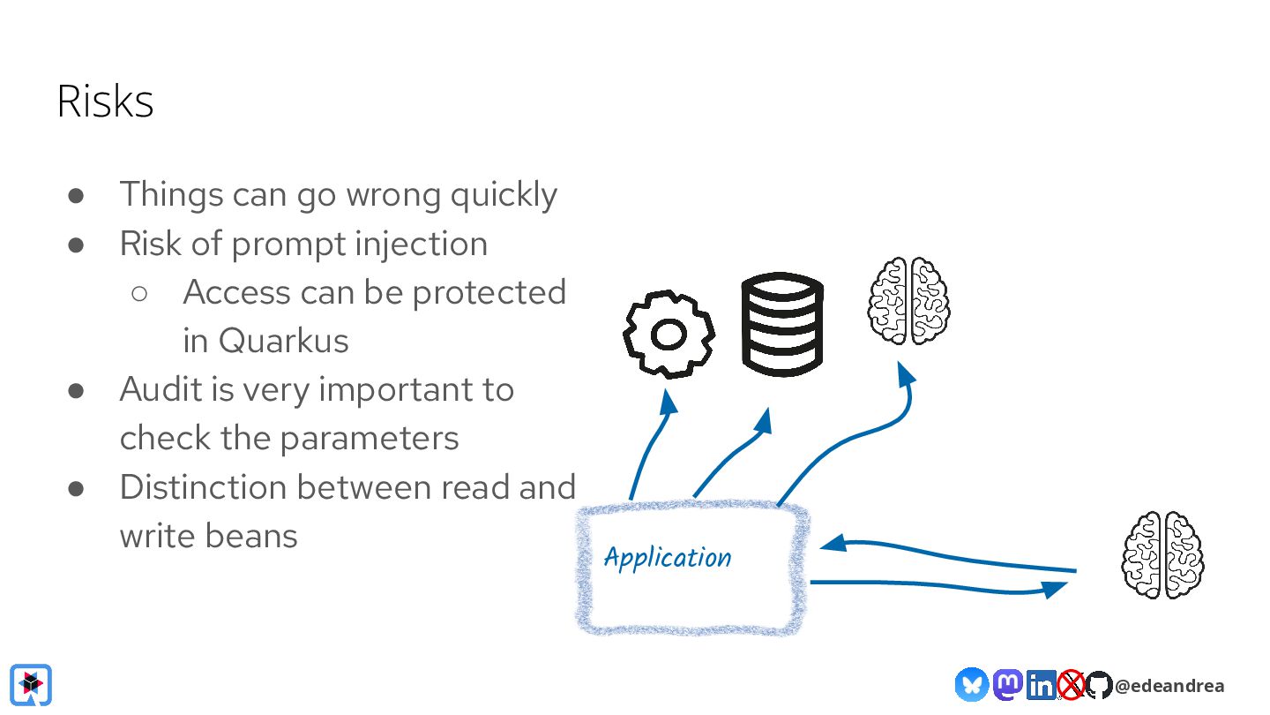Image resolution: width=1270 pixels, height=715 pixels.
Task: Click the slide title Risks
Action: point(105,102)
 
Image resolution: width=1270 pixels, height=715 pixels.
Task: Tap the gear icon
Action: point(669,335)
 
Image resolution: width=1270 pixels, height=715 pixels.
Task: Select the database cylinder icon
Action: point(781,324)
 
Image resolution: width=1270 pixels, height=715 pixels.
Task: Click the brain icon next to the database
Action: point(908,301)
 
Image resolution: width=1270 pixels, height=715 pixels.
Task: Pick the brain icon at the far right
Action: point(1162,555)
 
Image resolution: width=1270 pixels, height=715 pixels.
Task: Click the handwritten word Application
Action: point(668,558)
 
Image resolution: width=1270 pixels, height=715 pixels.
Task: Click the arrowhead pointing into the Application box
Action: point(833,544)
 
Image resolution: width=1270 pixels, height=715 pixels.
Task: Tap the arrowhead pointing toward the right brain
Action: point(1055,589)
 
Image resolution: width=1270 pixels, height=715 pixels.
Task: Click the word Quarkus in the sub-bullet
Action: point(283,341)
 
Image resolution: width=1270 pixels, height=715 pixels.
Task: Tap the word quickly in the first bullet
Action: point(504,195)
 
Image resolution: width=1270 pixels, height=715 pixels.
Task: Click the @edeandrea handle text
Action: point(1169,686)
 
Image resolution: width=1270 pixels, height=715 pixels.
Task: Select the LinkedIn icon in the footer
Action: point(1042,685)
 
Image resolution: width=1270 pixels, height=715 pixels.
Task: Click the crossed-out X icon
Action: point(1071,685)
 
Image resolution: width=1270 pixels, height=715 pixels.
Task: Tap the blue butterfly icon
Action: point(971,685)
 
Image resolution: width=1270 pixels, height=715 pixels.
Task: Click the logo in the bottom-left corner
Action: point(32,684)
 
